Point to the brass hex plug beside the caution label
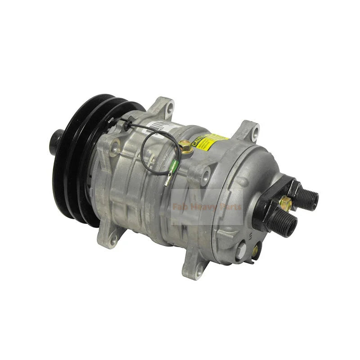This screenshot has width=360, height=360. (x=184, y=145)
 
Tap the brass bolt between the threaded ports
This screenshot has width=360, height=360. (x=285, y=203)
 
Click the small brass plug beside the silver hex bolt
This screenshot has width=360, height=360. (x=256, y=250)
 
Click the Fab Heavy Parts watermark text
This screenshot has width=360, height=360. (x=207, y=207)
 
